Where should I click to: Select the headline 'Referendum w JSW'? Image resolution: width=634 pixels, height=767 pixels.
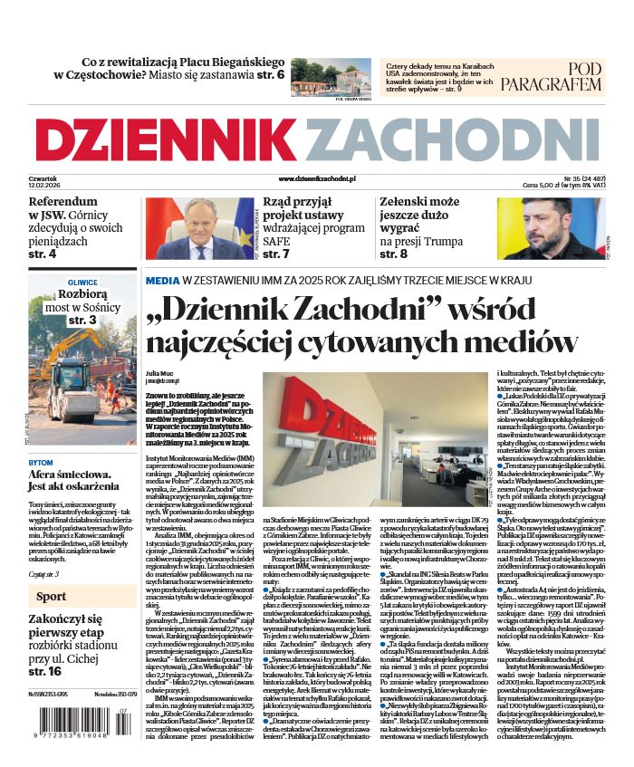pyautogui.click(x=62, y=201)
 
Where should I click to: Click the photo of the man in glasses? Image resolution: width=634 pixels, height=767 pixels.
pyautogui.click(x=197, y=228)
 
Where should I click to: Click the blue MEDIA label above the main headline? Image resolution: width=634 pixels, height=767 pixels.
pyautogui.click(x=162, y=282)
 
